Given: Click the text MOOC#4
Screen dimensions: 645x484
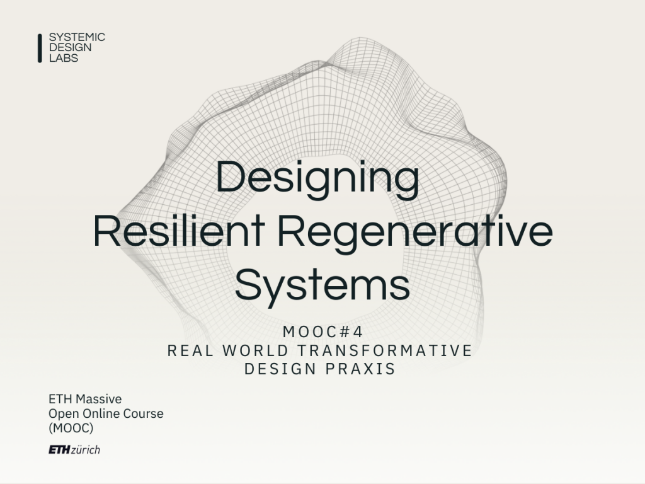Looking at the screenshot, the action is pos(322,331).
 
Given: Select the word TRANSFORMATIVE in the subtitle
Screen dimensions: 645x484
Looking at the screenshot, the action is pos(385,350).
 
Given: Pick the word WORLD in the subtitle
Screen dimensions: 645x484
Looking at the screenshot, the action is pos(256,350).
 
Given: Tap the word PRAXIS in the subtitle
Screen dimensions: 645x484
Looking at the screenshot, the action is pos(360,369).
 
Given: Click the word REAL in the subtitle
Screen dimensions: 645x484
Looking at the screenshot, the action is pos(191,350).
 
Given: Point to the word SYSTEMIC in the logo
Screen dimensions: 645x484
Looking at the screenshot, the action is pos(77,37).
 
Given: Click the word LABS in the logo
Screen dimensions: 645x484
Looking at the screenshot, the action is pos(64,58).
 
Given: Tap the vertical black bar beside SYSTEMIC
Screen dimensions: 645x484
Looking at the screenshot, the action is pos(40,48).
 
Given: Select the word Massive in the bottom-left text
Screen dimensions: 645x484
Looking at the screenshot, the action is pos(99,399).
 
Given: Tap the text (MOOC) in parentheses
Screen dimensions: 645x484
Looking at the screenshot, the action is pos(71,428).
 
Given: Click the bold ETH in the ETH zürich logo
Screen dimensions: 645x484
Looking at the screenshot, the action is pos(59,449).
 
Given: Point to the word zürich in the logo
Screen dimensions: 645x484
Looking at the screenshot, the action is pos(86,449).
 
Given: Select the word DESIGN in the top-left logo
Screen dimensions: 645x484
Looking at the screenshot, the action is pos(71,47).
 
